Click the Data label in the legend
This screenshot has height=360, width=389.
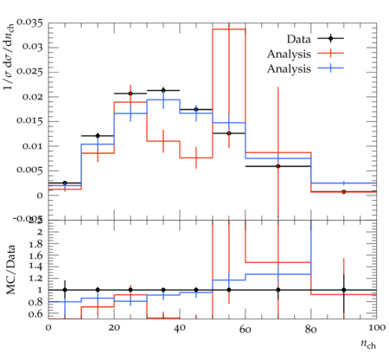298,39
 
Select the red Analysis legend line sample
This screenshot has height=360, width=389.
331,54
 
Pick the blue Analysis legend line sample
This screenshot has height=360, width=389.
331,68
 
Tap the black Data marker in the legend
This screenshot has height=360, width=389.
331,38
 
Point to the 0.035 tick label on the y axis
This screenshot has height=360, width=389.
30,22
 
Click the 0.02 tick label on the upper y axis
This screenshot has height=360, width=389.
34,97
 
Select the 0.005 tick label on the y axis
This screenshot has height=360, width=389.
30,170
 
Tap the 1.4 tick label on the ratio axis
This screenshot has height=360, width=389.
35,267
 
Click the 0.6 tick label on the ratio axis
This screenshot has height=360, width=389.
35,314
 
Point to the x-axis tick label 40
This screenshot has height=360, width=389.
180,328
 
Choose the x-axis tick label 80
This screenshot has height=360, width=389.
311,328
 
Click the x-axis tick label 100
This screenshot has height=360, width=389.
377,328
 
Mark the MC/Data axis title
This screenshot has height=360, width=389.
10,270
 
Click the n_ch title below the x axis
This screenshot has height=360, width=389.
368,344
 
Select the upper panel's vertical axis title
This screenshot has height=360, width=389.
9,56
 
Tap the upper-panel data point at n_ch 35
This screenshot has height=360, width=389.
163,90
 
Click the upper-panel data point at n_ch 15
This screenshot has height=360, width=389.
98,136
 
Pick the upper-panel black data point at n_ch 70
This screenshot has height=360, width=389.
278,166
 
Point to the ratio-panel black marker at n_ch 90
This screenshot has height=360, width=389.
344,290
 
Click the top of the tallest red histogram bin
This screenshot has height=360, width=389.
229,29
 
